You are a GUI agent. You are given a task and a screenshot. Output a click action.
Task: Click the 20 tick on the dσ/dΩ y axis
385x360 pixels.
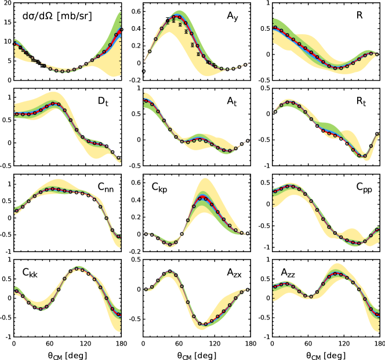[x=6, y=5]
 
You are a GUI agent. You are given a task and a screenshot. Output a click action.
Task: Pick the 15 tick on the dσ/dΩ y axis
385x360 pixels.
[x=6, y=23]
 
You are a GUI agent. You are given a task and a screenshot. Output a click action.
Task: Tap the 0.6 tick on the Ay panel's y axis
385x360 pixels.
[x=136, y=12]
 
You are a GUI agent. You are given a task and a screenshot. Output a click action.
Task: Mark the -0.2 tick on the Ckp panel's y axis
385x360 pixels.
[x=134, y=252]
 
